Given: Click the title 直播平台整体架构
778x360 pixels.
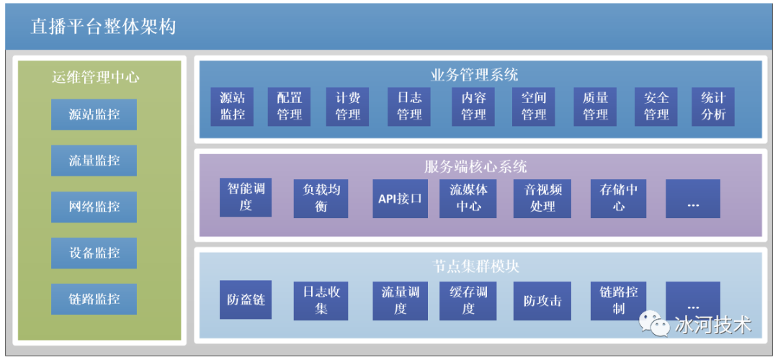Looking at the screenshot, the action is [x=103, y=27].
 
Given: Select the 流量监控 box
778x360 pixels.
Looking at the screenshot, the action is [x=94, y=160].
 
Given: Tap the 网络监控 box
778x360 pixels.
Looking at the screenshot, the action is [x=94, y=207].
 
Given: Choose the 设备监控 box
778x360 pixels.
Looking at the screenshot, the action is [x=94, y=253].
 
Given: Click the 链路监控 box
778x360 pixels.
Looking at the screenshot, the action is [x=94, y=299].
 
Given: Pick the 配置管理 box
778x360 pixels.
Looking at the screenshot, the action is [x=290, y=107].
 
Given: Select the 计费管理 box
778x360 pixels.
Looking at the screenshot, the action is [x=348, y=107].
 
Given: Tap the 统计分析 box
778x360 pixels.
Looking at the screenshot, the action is [x=713, y=107].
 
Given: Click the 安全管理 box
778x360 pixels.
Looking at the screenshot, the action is [x=656, y=107].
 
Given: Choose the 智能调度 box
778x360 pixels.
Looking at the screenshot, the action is [x=246, y=198].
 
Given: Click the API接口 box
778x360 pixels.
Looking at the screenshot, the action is [x=400, y=198].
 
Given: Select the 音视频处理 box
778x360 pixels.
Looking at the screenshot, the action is [x=542, y=198].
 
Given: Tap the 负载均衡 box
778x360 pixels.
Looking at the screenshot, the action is [x=321, y=198].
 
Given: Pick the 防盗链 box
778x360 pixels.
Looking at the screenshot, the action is [x=246, y=300].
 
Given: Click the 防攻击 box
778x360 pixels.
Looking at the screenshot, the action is [x=542, y=300].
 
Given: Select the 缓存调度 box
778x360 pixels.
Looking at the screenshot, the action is [x=468, y=300].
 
